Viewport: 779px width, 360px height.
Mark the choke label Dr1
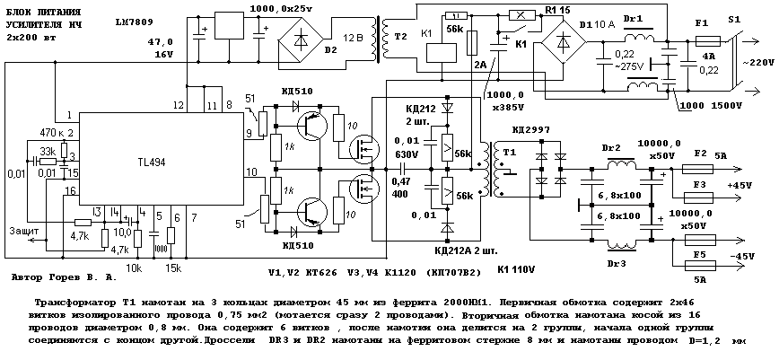click(634, 18)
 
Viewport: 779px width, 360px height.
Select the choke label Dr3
click(616, 264)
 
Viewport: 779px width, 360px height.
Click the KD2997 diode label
click(533, 130)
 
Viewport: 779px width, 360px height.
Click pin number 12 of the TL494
click(180, 106)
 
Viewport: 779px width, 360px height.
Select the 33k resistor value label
click(48, 151)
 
